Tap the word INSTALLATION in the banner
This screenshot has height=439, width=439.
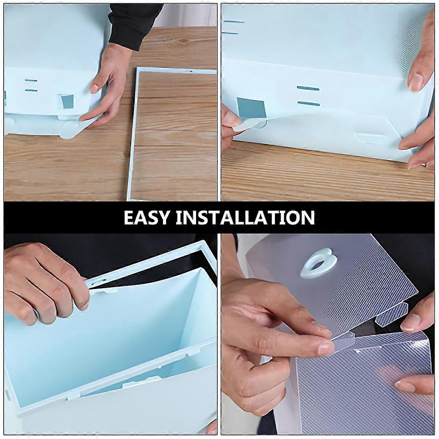coord(245,217)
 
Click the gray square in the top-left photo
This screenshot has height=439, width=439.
coord(67,101)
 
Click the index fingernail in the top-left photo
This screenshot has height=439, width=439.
coord(94,88)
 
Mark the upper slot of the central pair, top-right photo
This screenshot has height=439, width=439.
coord(308,89)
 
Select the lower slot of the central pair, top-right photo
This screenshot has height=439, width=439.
coord(308,104)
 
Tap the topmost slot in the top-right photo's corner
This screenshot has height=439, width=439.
coord(233,22)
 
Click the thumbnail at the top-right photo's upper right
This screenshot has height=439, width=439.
coord(416,83)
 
